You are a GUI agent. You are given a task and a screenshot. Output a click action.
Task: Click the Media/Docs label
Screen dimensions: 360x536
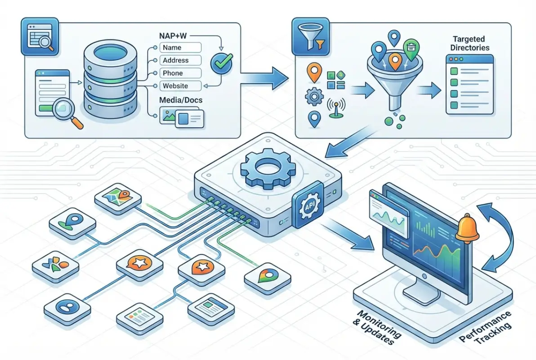[x=181, y=100]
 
